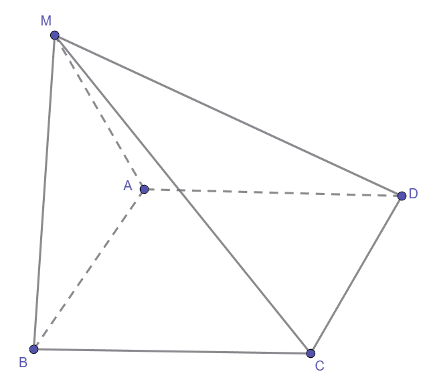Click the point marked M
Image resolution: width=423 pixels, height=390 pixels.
point(55,35)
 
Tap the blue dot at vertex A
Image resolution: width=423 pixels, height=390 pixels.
point(145,189)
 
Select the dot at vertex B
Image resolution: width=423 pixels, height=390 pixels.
point(33,349)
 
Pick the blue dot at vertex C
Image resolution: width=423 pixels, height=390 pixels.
point(311,353)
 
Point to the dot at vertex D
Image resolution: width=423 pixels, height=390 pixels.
point(402,196)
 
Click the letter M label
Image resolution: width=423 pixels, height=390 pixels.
point(46,21)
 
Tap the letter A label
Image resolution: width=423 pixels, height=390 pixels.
point(128,186)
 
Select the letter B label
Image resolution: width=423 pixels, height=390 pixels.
point(23,362)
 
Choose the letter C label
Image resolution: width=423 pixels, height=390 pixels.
point(319,366)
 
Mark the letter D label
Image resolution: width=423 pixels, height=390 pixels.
point(413,194)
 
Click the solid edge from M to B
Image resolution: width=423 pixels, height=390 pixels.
point(44,192)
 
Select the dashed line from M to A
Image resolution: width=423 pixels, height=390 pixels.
point(100,112)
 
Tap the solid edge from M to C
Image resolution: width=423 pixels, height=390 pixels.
point(183,194)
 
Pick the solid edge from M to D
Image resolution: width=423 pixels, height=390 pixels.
point(228,115)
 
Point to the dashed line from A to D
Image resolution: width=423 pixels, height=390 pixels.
point(273,192)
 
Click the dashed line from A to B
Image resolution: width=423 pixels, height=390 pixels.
point(89,269)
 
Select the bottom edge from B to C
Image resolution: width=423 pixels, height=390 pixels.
point(172,351)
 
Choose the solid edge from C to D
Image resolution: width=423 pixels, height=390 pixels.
point(356,274)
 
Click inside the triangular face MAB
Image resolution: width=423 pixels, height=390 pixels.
point(78,191)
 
